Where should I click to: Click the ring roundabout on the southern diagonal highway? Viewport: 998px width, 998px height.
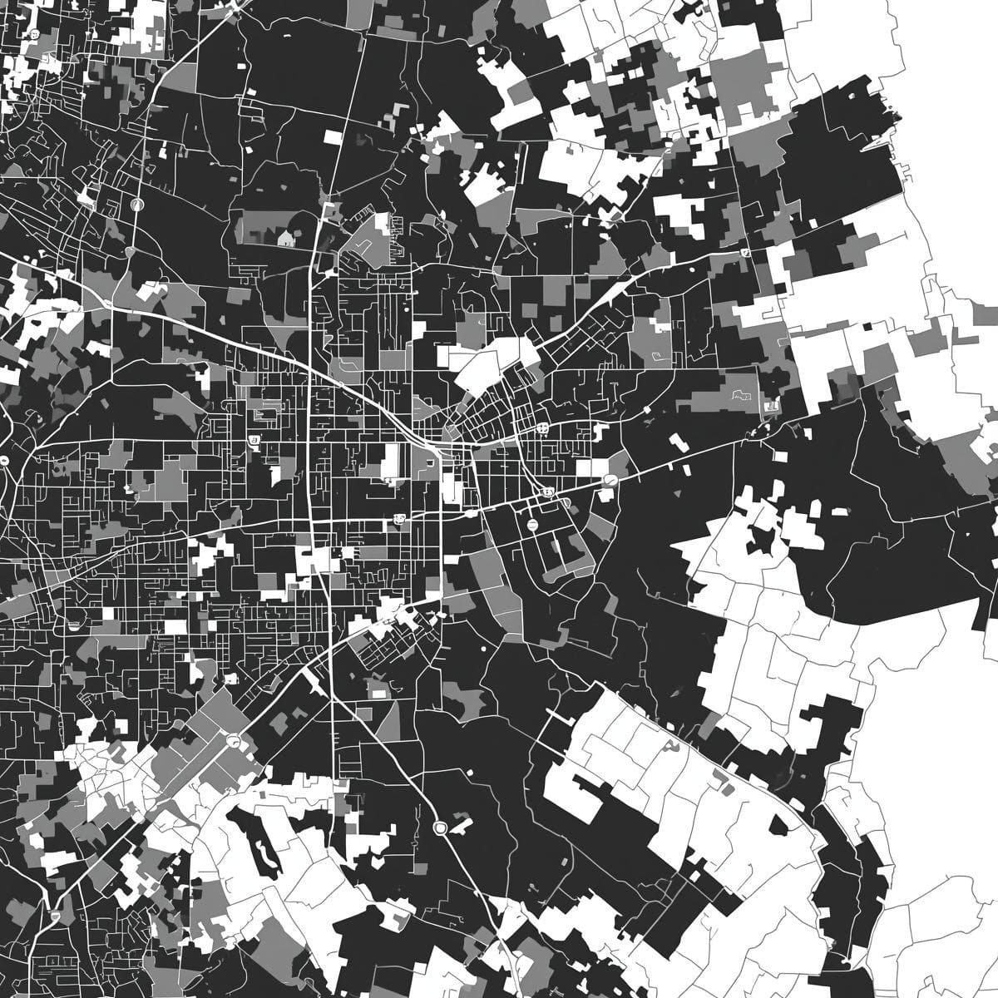coord(440,828)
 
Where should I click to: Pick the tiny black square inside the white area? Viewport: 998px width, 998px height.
coord(867,327)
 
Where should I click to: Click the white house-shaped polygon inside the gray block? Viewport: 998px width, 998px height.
coord(285,239)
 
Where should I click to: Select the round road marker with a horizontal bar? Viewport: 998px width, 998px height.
coord(531,525)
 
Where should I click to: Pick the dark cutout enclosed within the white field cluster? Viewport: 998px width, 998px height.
coord(759,541)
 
